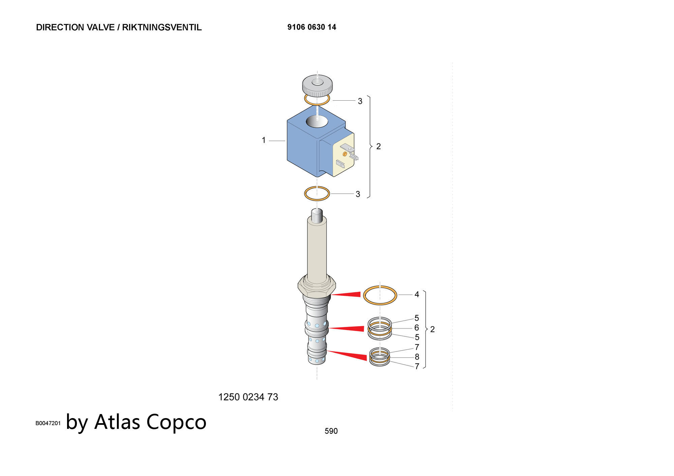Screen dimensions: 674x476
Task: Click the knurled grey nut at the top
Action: point(317,85)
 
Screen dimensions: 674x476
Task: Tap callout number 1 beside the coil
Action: point(264,140)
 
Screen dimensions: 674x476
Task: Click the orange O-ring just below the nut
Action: point(317,104)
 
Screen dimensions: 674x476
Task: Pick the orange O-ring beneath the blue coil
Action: point(317,200)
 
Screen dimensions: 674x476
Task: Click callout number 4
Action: point(417,295)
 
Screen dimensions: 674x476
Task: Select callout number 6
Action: point(417,328)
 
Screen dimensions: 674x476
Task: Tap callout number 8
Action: point(417,357)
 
